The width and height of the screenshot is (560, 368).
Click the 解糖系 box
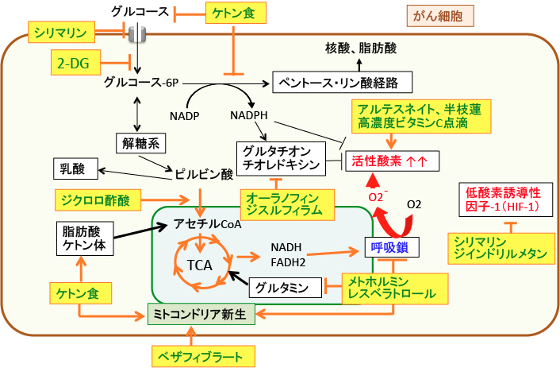tap(143, 144)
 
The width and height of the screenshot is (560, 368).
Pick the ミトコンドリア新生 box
tap(201, 313)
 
